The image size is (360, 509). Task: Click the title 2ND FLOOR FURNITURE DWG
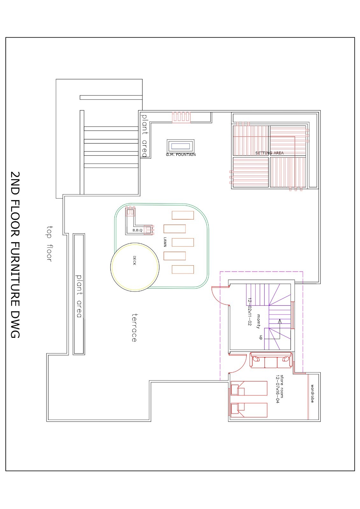[15, 254]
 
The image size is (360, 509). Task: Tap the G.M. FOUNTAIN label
[180, 155]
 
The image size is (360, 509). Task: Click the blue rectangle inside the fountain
[180, 146]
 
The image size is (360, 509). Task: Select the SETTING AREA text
[269, 153]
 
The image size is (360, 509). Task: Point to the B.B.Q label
[138, 230]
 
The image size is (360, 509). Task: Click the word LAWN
[165, 242]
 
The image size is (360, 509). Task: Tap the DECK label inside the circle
[134, 261]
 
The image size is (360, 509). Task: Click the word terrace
[134, 328]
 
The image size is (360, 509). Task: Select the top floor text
[49, 244]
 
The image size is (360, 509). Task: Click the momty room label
[258, 321]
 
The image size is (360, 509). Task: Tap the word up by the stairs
[261, 337]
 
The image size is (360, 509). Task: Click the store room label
[282, 386]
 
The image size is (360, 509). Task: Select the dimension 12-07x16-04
[277, 389]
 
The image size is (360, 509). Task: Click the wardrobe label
[313, 394]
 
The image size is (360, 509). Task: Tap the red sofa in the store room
[271, 360]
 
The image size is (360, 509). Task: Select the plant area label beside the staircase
[145, 136]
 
